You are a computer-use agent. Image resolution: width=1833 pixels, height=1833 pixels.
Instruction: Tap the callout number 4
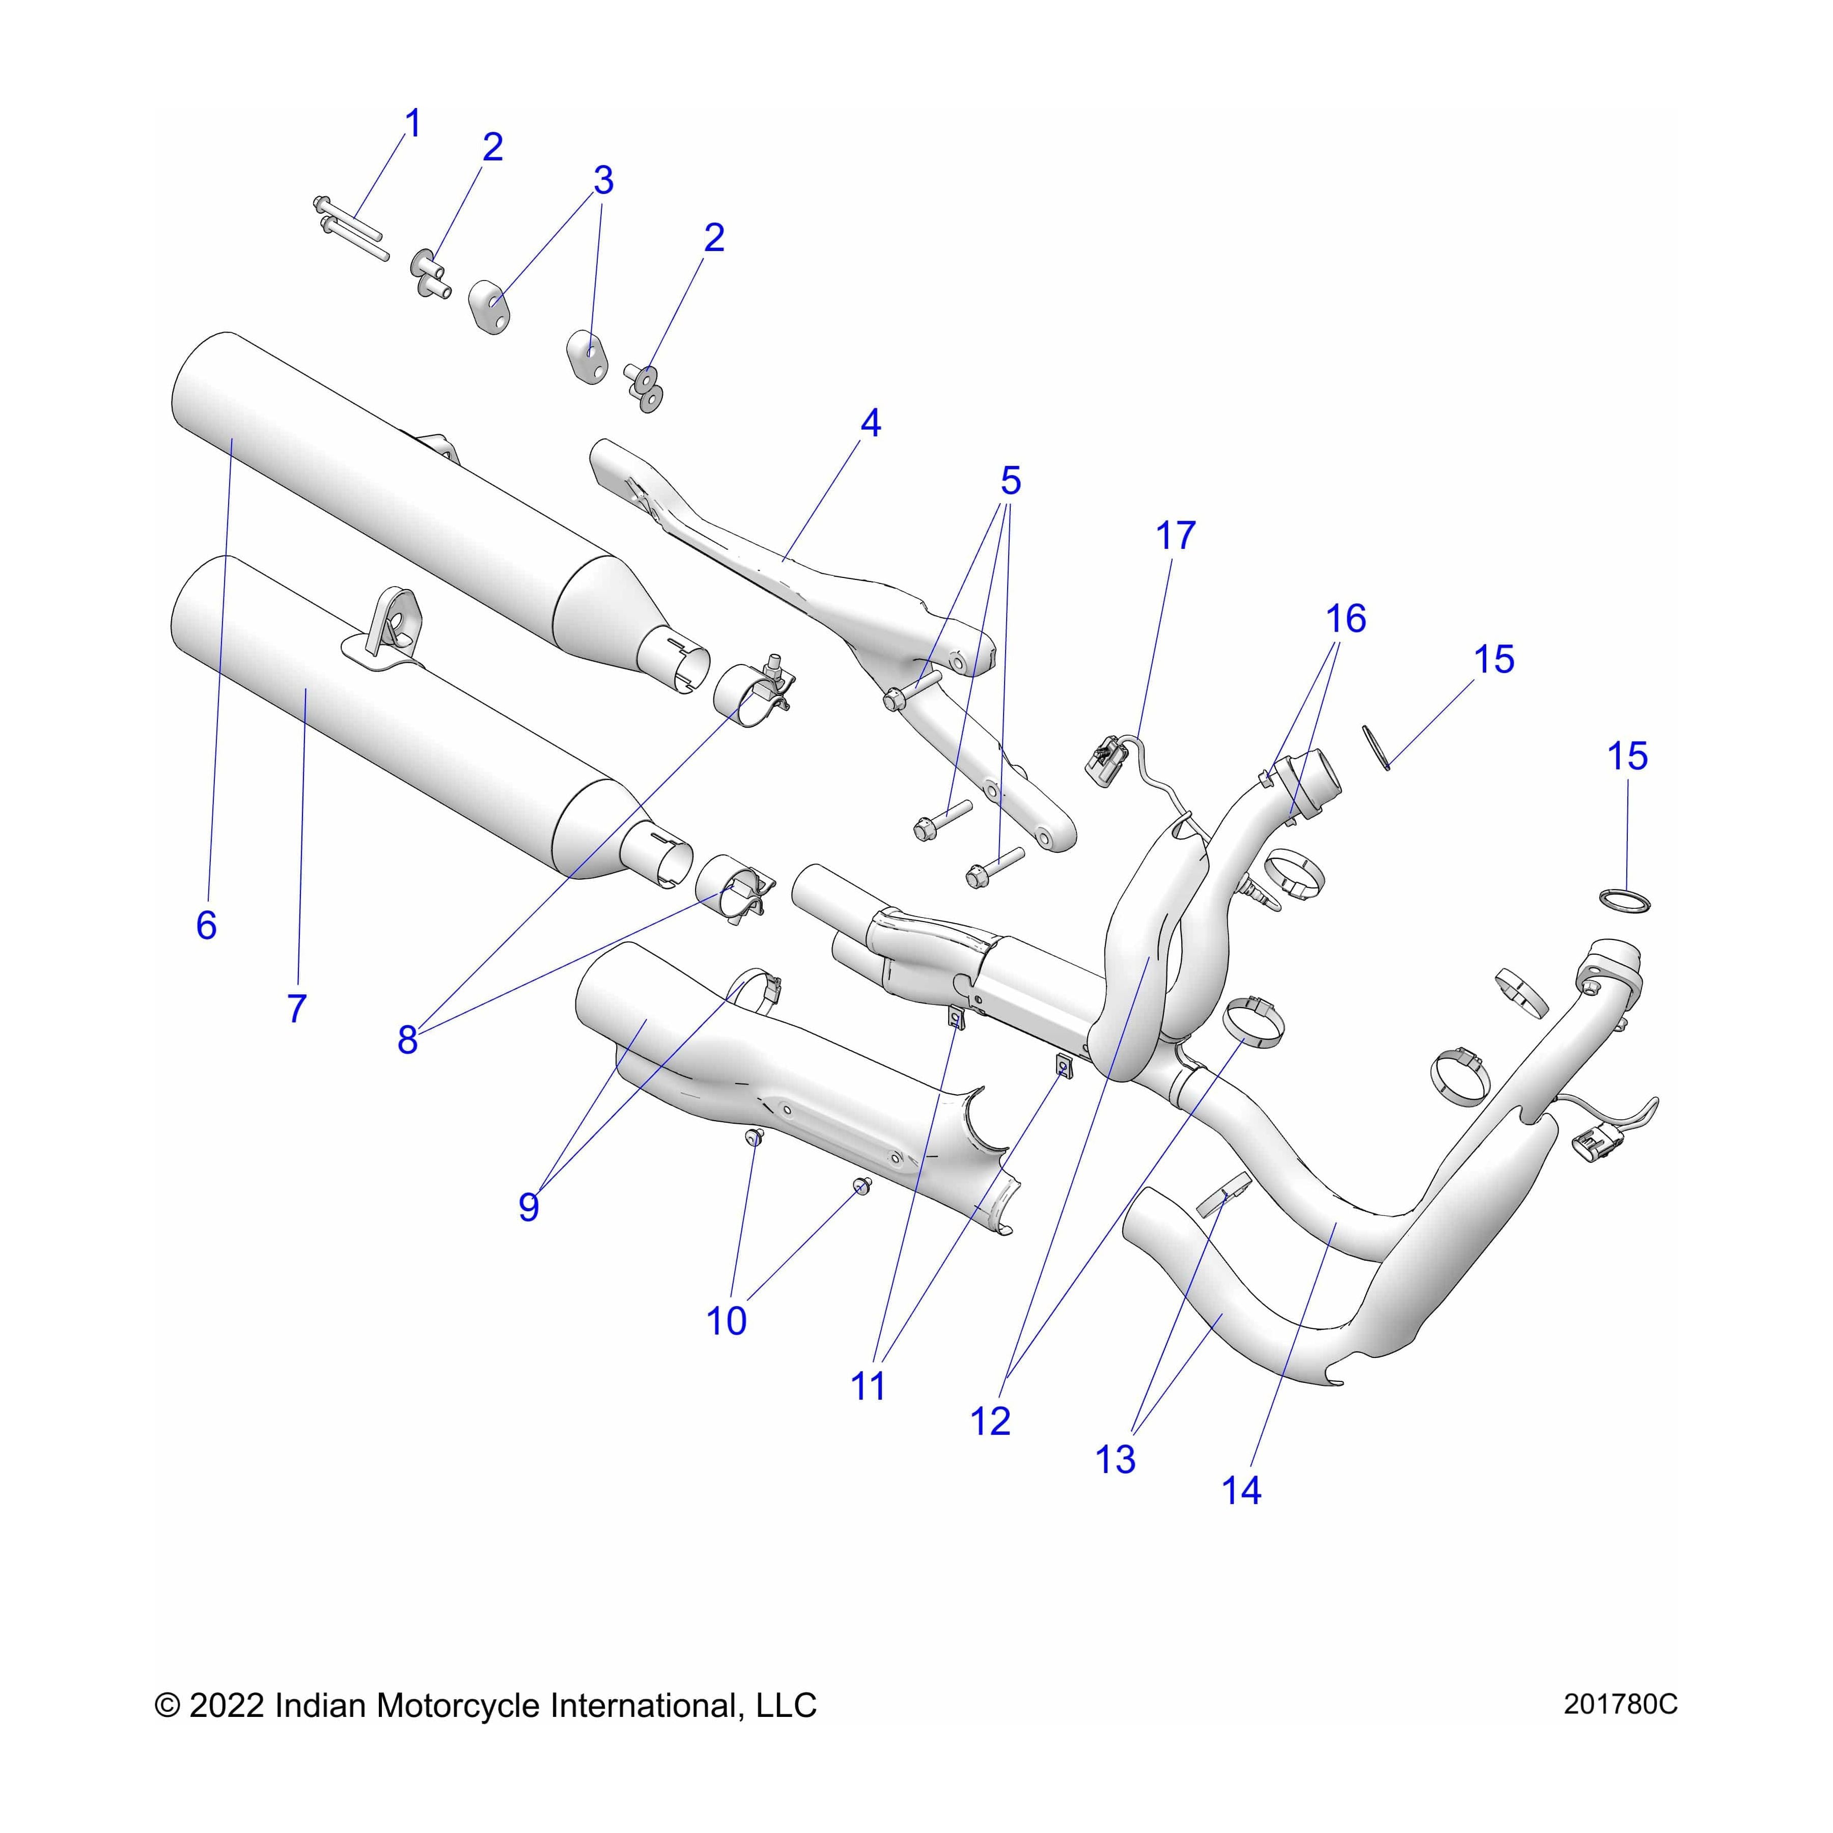(x=870, y=423)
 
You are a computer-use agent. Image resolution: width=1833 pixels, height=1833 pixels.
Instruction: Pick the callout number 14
(x=1241, y=1490)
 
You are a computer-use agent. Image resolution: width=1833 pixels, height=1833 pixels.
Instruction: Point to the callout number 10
(x=726, y=1320)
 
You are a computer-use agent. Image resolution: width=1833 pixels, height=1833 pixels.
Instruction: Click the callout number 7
(x=297, y=1008)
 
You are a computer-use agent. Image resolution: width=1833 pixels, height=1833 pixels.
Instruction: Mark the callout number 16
(x=1345, y=619)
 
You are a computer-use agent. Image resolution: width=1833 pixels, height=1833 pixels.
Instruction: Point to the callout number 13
(x=1115, y=1459)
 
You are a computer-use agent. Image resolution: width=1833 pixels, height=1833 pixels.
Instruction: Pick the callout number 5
(x=1010, y=481)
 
